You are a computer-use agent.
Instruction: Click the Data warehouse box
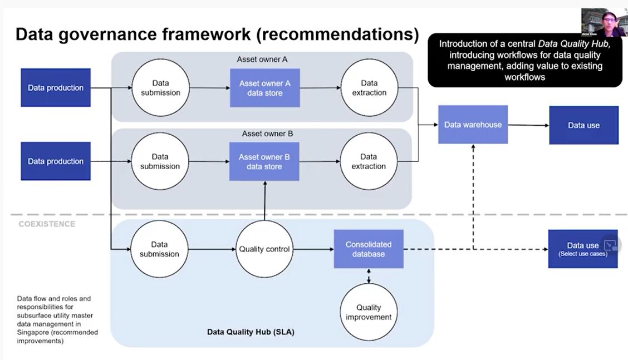473,125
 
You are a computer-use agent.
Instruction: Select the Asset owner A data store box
265,88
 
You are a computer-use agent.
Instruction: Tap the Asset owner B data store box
264,161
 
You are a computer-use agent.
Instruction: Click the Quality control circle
264,249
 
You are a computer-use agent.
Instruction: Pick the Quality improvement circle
369,312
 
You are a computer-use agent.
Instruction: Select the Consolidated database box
369,249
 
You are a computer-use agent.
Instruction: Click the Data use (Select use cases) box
582,249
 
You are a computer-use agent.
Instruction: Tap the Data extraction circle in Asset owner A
369,88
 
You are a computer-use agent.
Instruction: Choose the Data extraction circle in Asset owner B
369,161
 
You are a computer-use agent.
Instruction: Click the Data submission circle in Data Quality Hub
159,249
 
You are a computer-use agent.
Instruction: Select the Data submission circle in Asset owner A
160,88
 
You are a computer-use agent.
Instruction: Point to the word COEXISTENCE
47,224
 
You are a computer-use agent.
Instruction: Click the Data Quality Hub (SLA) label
251,332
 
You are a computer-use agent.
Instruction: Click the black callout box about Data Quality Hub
524,60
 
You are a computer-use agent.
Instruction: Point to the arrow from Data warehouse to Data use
528,125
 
